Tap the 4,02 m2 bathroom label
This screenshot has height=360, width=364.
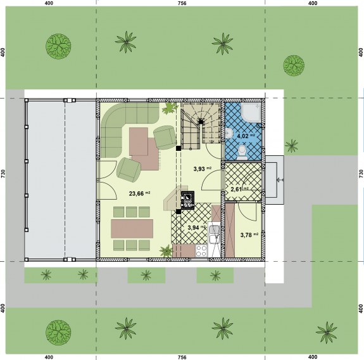[x=245, y=135]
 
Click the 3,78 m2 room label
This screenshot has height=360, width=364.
[x=248, y=235]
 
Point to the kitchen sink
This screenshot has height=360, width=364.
[x=216, y=232]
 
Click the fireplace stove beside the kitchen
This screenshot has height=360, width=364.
[x=188, y=200]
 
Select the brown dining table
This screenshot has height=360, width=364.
[x=132, y=228]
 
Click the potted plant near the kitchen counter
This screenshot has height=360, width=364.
[x=166, y=252]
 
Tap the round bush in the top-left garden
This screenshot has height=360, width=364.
[x=58, y=45]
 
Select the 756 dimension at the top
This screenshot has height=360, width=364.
[x=182, y=3]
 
